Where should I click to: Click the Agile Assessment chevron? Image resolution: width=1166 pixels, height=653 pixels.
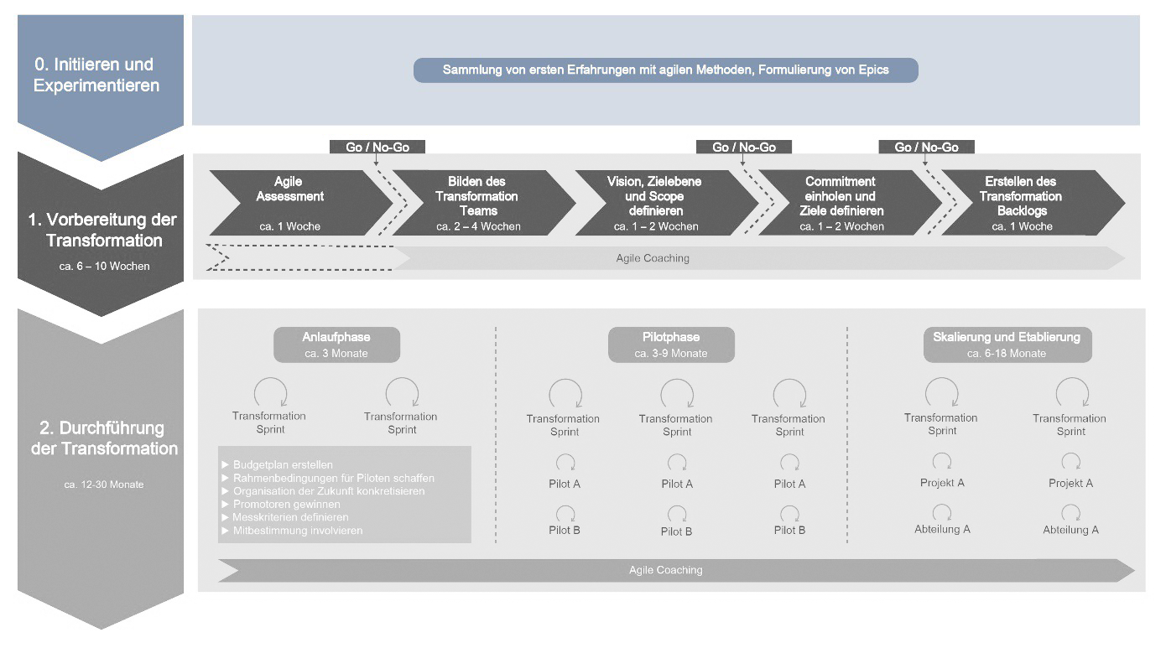tap(289, 202)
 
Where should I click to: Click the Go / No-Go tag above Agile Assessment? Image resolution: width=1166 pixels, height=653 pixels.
tap(377, 147)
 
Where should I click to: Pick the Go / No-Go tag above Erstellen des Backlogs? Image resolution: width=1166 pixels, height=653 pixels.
tap(926, 147)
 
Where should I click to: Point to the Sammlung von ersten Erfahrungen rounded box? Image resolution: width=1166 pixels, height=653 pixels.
tap(665, 70)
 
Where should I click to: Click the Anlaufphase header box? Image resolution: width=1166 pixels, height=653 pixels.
tap(336, 345)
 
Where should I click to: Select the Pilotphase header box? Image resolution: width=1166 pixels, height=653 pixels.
tap(670, 345)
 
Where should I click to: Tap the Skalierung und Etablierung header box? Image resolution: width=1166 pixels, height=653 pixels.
tap(1007, 345)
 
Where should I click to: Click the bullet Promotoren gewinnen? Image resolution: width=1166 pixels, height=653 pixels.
tap(286, 505)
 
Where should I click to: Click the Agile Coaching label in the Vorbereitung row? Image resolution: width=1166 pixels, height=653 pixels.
tap(653, 258)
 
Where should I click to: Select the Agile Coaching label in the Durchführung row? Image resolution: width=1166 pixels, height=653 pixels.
tap(665, 570)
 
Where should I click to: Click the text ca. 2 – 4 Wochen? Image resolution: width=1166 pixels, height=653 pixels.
tap(478, 226)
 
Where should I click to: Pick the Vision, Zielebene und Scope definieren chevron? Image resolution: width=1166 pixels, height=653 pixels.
tap(655, 202)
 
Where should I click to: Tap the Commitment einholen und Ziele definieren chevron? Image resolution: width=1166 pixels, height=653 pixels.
tap(841, 202)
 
